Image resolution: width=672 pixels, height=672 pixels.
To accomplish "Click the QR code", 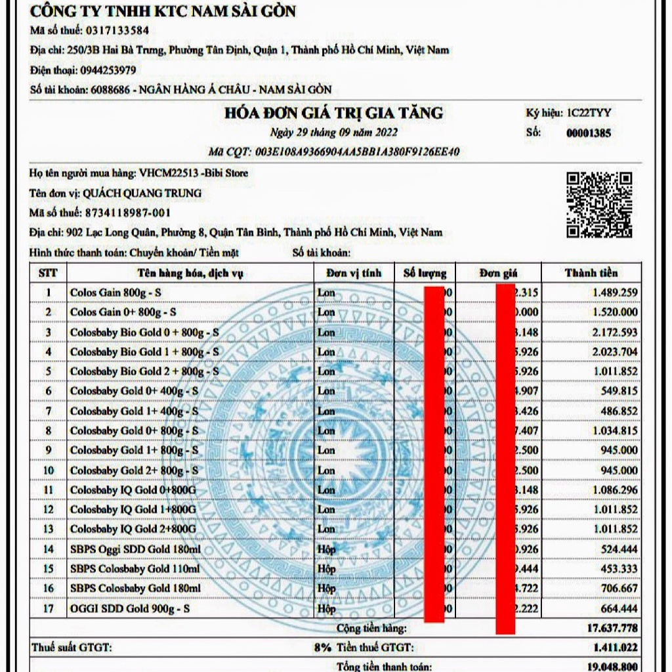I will pyautogui.click(x=599, y=205).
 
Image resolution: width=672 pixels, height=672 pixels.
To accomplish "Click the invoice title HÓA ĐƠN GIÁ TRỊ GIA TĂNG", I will pyautogui.click(x=333, y=113).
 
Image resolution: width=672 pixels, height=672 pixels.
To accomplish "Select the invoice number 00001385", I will pyautogui.click(x=588, y=133).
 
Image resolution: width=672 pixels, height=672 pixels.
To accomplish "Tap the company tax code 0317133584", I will pyautogui.click(x=115, y=30).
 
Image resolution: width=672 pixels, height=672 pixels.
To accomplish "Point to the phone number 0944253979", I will pyautogui.click(x=108, y=70).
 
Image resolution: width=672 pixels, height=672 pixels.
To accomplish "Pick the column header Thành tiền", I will pyautogui.click(x=591, y=273).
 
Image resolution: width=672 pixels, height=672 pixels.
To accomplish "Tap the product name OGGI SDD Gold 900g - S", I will pyautogui.click(x=130, y=608).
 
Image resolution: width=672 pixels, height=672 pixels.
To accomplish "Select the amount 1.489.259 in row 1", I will pyautogui.click(x=614, y=293).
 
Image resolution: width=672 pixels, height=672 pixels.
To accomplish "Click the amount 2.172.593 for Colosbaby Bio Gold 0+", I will pyautogui.click(x=614, y=332).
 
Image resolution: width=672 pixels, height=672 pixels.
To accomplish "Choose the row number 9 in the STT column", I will pyautogui.click(x=48, y=451).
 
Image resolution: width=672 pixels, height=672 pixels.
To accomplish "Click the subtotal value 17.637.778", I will pyautogui.click(x=611, y=629).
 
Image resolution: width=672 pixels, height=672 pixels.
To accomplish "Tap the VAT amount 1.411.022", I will pyautogui.click(x=614, y=648).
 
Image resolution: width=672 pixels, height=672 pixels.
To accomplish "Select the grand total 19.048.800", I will pyautogui.click(x=611, y=666).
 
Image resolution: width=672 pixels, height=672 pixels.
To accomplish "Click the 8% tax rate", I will pyautogui.click(x=322, y=648).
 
